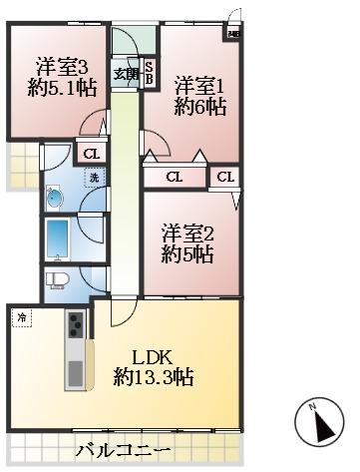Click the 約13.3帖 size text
(153, 378)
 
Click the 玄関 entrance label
(125, 73)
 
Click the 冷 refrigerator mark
(22, 318)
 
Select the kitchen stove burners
(75, 324)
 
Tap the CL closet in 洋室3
(91, 154)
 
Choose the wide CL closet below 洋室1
(175, 178)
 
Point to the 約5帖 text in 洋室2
(184, 255)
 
